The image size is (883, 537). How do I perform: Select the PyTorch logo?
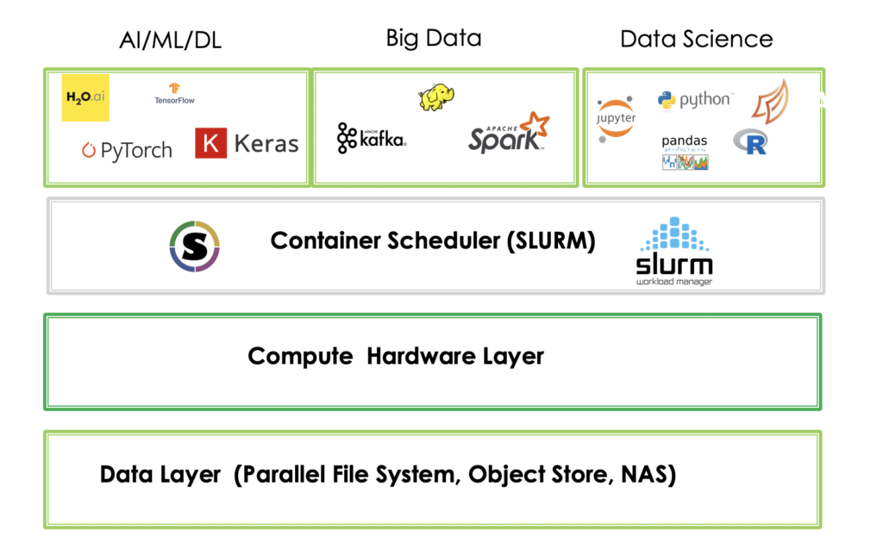point(127,150)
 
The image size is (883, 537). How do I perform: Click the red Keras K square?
point(210,143)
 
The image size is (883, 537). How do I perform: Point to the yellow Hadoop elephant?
point(436,97)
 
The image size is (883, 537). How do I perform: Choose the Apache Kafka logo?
point(372,138)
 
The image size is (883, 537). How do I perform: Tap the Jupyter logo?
point(616,118)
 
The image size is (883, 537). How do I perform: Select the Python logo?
point(695,100)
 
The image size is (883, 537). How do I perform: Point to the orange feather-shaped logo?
point(769,102)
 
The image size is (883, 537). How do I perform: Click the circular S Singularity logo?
point(195,247)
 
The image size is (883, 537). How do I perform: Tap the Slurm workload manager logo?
point(674,251)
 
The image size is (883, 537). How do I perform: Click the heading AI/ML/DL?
point(170,41)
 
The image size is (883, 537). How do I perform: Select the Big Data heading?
point(433,38)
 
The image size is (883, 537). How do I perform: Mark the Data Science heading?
point(696,39)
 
